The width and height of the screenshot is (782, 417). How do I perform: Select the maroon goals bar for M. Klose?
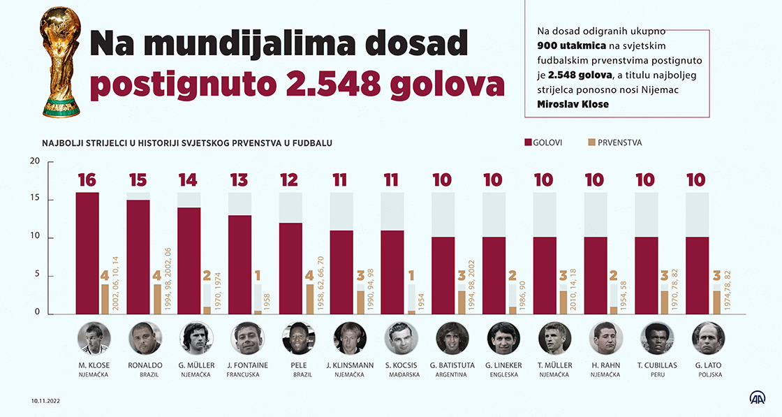tap(87, 253)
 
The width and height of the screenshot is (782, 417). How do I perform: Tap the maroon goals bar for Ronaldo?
tap(138, 257)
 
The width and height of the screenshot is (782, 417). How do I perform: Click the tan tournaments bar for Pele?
tap(309, 299)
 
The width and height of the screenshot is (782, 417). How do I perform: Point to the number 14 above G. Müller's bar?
tap(188, 180)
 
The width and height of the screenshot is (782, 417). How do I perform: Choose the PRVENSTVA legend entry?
tap(614, 142)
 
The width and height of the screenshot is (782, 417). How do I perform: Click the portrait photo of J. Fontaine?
tap(246, 339)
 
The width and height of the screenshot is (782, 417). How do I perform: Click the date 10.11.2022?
tap(47, 400)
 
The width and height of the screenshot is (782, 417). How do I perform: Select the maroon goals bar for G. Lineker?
tap(493, 276)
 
